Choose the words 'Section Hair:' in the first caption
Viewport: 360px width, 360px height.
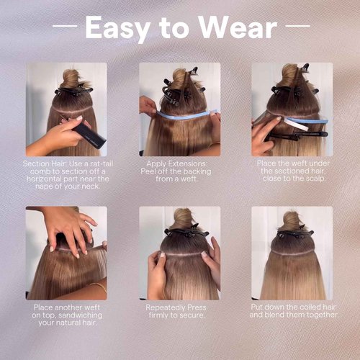click(x=42, y=163)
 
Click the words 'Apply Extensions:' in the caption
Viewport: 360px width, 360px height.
click(x=179, y=163)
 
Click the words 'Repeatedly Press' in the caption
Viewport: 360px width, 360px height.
click(x=179, y=307)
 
